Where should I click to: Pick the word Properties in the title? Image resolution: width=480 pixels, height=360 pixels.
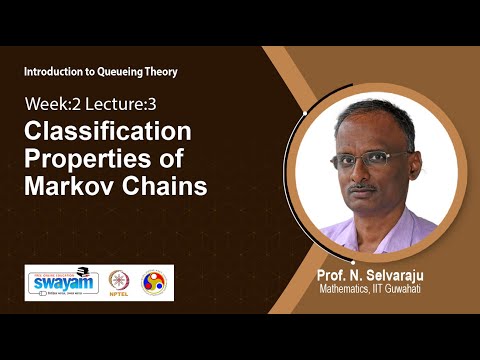tap(88, 161)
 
